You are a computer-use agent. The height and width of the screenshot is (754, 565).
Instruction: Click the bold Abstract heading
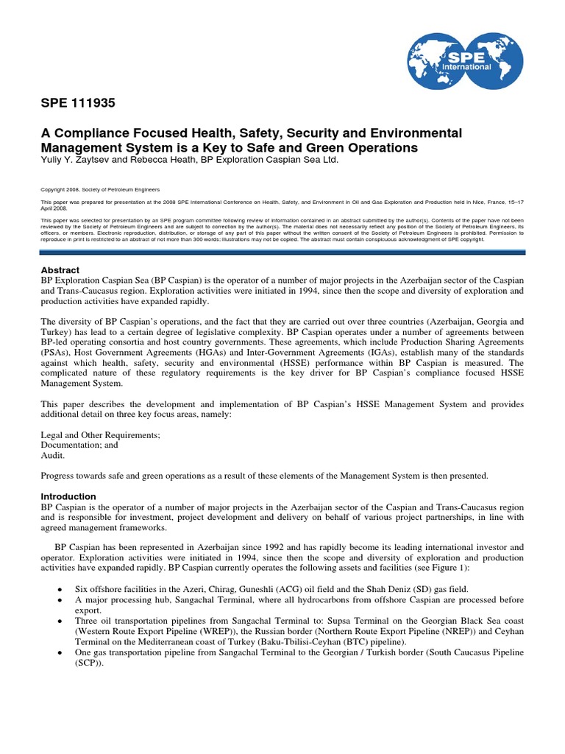[60, 270]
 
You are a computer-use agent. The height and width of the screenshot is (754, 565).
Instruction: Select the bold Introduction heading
[68, 496]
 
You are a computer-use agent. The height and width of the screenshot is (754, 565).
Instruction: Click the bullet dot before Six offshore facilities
[58, 589]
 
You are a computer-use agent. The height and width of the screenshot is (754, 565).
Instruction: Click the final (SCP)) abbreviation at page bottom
[90, 663]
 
